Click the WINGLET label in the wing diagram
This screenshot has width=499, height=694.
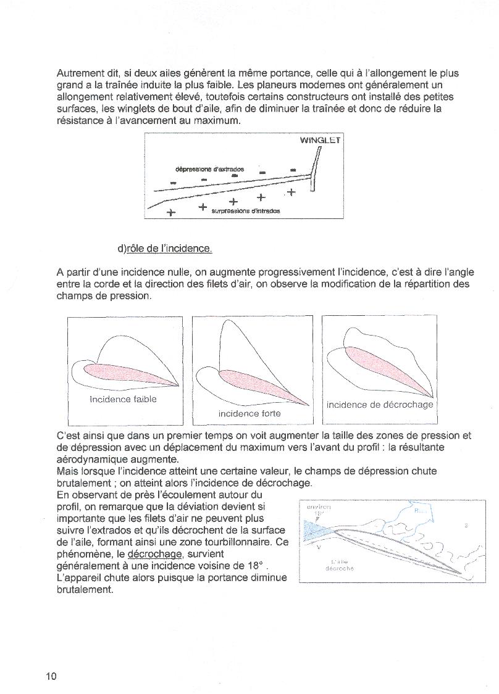coord(320,140)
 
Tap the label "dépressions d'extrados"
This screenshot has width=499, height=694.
coord(209,168)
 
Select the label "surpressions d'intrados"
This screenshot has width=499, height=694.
coord(245,211)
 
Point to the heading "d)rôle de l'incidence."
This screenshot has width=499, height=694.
coord(165,249)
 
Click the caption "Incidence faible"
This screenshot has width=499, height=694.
coord(123,399)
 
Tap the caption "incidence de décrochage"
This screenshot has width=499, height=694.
coord(380,405)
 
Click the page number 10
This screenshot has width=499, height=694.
coord(51,676)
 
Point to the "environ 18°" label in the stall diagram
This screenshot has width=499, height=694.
coord(319,510)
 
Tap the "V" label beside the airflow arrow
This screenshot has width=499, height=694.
coord(318,547)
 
